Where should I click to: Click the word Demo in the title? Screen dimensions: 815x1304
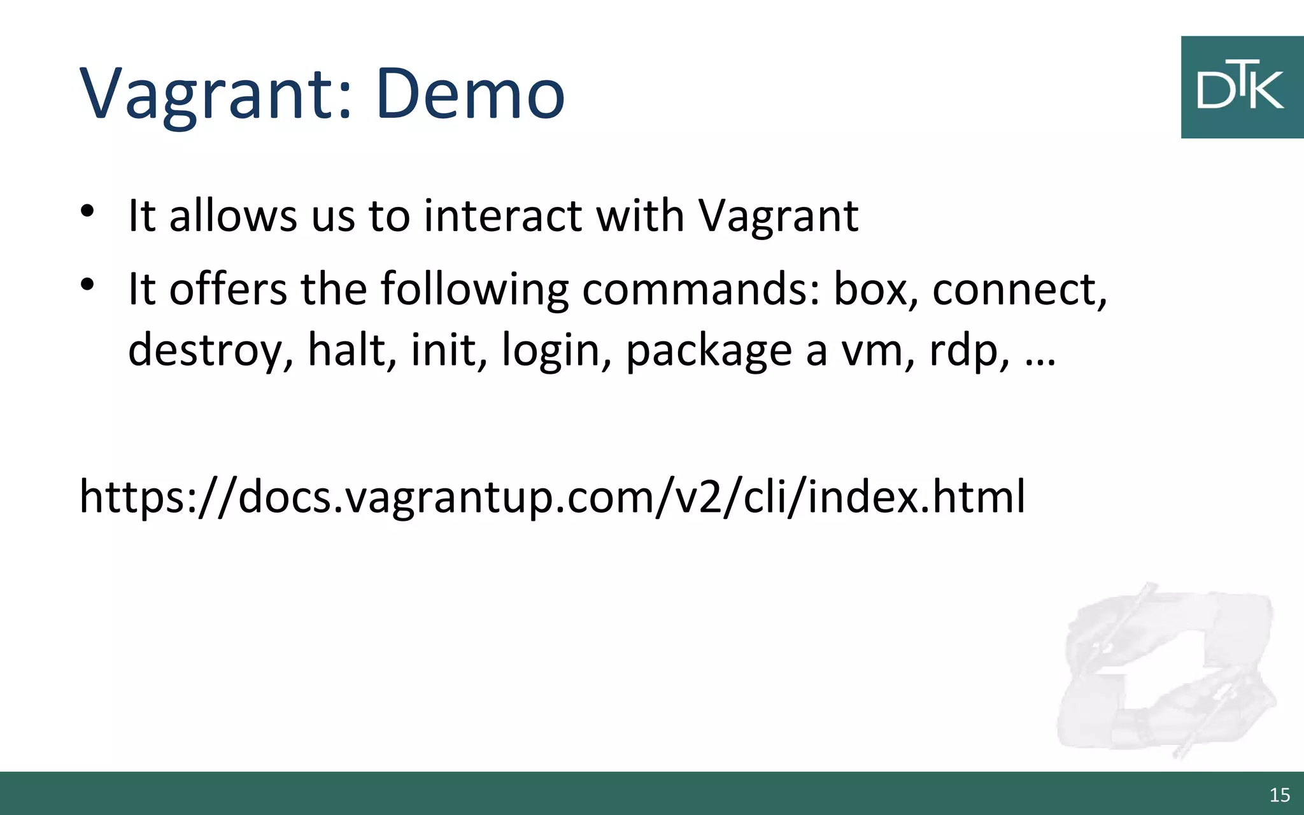click(470, 94)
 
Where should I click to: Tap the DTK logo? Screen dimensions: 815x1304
click(1242, 87)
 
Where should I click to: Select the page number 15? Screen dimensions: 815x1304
click(1279, 795)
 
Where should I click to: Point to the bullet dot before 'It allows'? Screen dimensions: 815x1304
click(88, 211)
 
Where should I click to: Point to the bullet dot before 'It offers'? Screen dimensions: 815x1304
click(88, 284)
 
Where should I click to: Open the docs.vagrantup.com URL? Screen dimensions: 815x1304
click(552, 496)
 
